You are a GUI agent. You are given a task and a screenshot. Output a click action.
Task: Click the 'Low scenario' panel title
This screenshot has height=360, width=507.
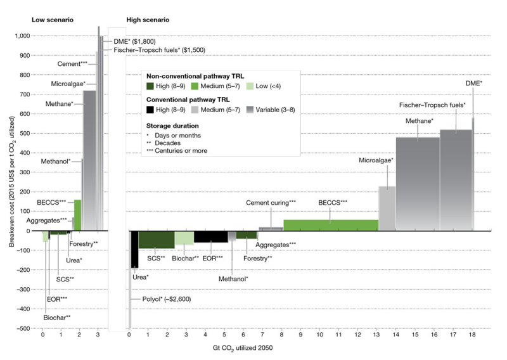click(x=53, y=20)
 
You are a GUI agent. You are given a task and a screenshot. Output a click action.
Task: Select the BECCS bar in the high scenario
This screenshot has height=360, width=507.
click(x=330, y=225)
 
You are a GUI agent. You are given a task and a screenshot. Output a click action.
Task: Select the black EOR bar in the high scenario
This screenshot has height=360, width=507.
click(x=210, y=236)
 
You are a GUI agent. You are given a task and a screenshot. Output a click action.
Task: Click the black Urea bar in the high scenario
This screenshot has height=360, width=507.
click(x=134, y=249)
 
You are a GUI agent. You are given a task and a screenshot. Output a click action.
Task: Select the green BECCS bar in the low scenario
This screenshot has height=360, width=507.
click(x=77, y=215)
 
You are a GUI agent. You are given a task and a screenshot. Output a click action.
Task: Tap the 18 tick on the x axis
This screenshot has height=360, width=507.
click(x=472, y=335)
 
